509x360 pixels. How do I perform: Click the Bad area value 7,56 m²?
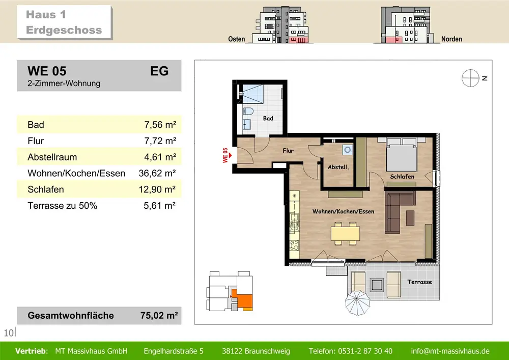pyautogui.click(x=160, y=125)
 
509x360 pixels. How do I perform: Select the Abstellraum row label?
pyautogui.click(x=52, y=157)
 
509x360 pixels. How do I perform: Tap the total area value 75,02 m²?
pyautogui.click(x=159, y=316)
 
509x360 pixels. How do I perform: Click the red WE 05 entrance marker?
pyautogui.click(x=227, y=155)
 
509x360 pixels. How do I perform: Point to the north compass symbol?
pyautogui.click(x=470, y=78)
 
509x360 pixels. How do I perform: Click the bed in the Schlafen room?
pyautogui.click(x=401, y=154)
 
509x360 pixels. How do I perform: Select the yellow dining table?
pyautogui.click(x=345, y=233)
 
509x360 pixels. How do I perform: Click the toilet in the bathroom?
pyautogui.click(x=248, y=111)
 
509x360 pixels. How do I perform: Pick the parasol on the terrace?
pyautogui.click(x=357, y=303)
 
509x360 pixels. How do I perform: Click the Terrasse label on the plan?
pyautogui.click(x=419, y=282)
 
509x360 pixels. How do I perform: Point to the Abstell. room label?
pyautogui.click(x=338, y=167)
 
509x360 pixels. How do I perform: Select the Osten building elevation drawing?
pyautogui.click(x=280, y=24)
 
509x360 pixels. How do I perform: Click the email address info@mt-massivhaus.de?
pyautogui.click(x=450, y=351)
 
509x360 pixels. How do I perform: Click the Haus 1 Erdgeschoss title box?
pyautogui.click(x=64, y=22)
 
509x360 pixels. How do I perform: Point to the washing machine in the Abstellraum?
pyautogui.click(x=347, y=150)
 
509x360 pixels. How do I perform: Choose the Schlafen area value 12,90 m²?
pyautogui.click(x=157, y=189)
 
